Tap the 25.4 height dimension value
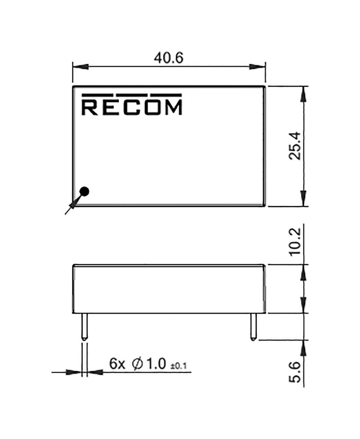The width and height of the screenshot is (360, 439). [x=295, y=146]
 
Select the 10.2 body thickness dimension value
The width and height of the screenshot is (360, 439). [x=295, y=242]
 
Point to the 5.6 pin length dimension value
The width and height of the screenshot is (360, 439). [x=295, y=373]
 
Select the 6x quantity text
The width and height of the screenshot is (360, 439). [x=117, y=364]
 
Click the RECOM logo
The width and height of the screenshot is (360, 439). [x=132, y=104]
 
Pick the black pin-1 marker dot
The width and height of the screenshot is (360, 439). [x=84, y=192]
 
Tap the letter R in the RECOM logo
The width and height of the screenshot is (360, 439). [x=90, y=107]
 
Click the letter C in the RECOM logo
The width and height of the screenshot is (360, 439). [x=131, y=107]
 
